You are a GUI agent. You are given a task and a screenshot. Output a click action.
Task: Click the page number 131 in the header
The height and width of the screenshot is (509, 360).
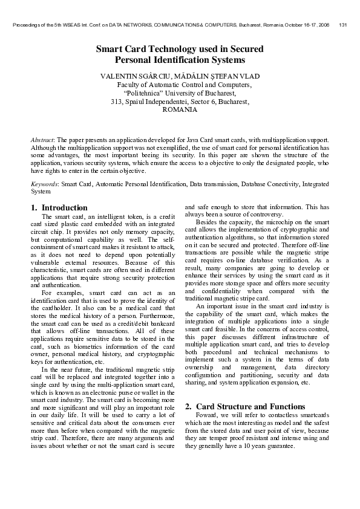(343, 25)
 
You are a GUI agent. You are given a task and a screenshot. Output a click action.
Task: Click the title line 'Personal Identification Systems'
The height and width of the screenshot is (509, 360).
(180, 60)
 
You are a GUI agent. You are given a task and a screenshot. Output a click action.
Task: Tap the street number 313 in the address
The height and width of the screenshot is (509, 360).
(117, 102)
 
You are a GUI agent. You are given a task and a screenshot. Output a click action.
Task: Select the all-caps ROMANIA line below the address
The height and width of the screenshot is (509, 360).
(180, 110)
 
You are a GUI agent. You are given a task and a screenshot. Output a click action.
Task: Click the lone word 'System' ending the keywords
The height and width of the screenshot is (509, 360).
(41, 191)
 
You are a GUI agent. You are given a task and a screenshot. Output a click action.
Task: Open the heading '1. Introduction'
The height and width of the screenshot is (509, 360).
(59, 207)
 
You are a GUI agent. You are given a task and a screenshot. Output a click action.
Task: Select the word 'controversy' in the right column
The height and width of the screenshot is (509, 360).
(264, 215)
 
